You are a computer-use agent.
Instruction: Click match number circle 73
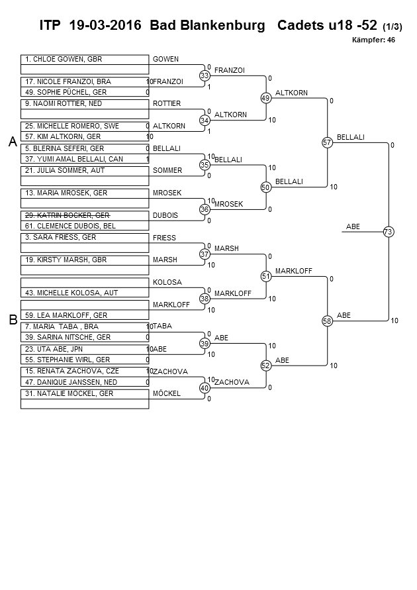pyautogui.click(x=388, y=231)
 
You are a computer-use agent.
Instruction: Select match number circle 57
pyautogui.click(x=326, y=142)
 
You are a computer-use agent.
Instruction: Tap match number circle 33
pyautogui.click(x=205, y=76)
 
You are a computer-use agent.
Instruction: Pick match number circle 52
pyautogui.click(x=265, y=365)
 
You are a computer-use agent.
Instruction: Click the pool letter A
pyautogui.click(x=12, y=142)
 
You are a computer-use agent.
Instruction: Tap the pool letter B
pyautogui.click(x=12, y=320)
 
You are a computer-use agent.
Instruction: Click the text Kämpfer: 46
pyautogui.click(x=373, y=40)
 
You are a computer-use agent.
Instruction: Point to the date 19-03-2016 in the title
pyautogui.click(x=105, y=26)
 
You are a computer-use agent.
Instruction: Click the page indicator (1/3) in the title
pyautogui.click(x=393, y=27)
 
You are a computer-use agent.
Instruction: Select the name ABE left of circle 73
pyautogui.click(x=353, y=226)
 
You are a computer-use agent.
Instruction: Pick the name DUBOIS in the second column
pyautogui.click(x=165, y=215)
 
